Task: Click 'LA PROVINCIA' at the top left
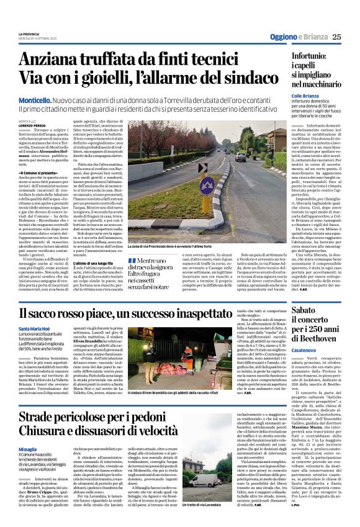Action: (x=29, y=34)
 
